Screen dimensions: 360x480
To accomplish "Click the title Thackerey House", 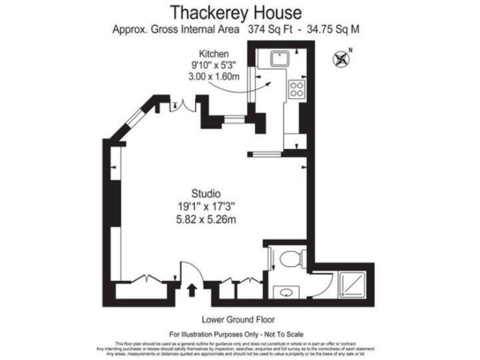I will [x=236, y=12].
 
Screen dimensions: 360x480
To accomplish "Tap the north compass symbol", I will [x=342, y=59].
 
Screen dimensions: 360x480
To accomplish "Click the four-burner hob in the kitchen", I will [x=296, y=89].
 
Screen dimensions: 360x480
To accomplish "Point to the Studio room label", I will [x=206, y=193].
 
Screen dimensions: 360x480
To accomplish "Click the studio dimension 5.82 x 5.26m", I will [x=206, y=219].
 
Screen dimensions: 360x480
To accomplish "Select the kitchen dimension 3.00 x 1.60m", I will [x=214, y=76].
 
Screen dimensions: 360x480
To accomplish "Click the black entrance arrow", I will [x=191, y=291].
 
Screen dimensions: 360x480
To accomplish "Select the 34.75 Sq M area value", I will [x=329, y=29].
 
